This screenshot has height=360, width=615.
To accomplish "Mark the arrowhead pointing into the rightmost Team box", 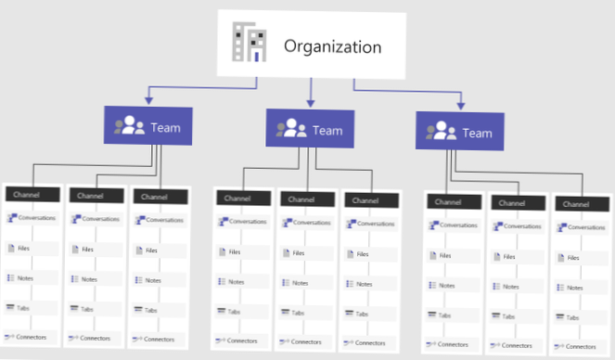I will click(x=461, y=101).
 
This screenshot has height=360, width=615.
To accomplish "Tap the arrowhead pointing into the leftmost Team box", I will click(x=147, y=97).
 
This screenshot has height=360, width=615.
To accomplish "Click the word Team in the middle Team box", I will click(x=327, y=130).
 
